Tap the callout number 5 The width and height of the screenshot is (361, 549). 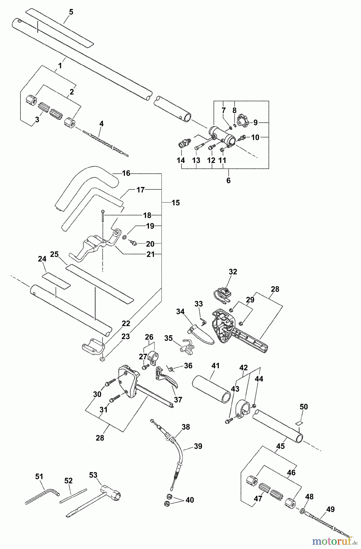pos(71,12)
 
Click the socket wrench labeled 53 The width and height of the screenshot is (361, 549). pos(98,500)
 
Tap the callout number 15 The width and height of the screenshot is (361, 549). pos(176,203)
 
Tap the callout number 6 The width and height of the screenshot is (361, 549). pos(229,180)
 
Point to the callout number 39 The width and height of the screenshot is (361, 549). pos(198,446)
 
